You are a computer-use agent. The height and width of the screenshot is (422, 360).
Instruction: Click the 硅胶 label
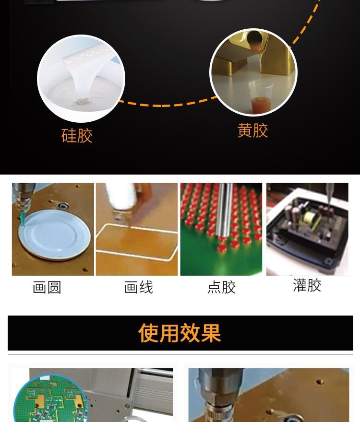(77, 136)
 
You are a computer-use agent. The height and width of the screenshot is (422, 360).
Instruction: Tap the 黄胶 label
(253, 130)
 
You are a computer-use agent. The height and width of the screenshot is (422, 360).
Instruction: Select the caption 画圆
(47, 287)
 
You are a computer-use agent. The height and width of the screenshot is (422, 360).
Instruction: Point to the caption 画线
(139, 287)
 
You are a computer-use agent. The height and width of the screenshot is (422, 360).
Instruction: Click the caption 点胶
(221, 287)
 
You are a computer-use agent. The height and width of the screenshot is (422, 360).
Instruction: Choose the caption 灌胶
(307, 285)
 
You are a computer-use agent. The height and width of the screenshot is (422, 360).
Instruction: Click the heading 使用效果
(180, 333)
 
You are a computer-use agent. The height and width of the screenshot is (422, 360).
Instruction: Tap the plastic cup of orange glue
(261, 96)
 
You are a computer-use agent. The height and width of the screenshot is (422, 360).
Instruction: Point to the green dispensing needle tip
(23, 219)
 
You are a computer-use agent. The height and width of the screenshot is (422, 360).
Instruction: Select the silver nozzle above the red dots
(225, 211)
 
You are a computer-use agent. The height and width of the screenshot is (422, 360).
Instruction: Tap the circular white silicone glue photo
(81, 78)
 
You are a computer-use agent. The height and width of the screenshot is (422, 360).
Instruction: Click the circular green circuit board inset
(51, 399)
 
